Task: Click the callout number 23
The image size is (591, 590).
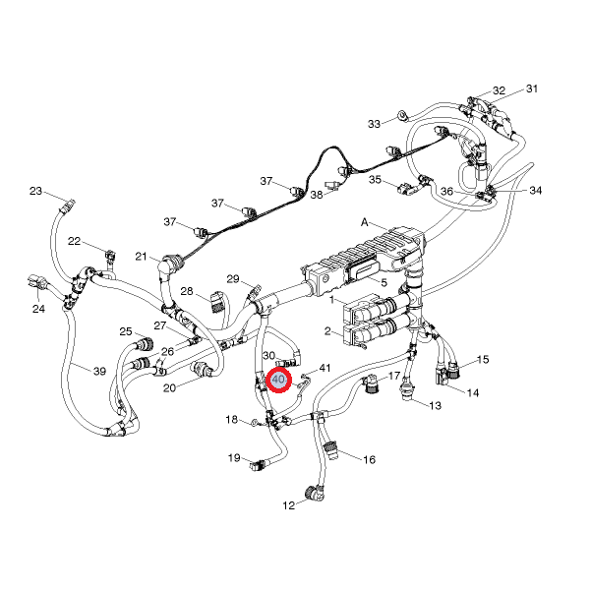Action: (35, 191)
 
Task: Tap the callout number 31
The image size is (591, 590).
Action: (532, 89)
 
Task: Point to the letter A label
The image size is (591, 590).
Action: (365, 223)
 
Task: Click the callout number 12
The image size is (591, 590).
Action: (289, 505)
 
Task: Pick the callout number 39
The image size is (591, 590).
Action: (99, 371)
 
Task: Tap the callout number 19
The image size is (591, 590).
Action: (234, 457)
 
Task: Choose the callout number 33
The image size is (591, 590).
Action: (374, 124)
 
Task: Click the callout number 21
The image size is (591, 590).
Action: (142, 257)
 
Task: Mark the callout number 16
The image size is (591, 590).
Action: (370, 459)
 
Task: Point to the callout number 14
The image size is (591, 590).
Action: (473, 393)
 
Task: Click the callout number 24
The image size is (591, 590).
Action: (39, 309)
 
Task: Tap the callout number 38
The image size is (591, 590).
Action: (317, 196)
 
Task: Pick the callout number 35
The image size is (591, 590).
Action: (375, 180)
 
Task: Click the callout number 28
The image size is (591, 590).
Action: (186, 291)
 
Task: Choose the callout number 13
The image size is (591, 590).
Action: (435, 405)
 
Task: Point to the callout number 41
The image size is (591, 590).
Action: (325, 368)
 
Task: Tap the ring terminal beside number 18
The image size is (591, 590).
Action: (255, 423)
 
